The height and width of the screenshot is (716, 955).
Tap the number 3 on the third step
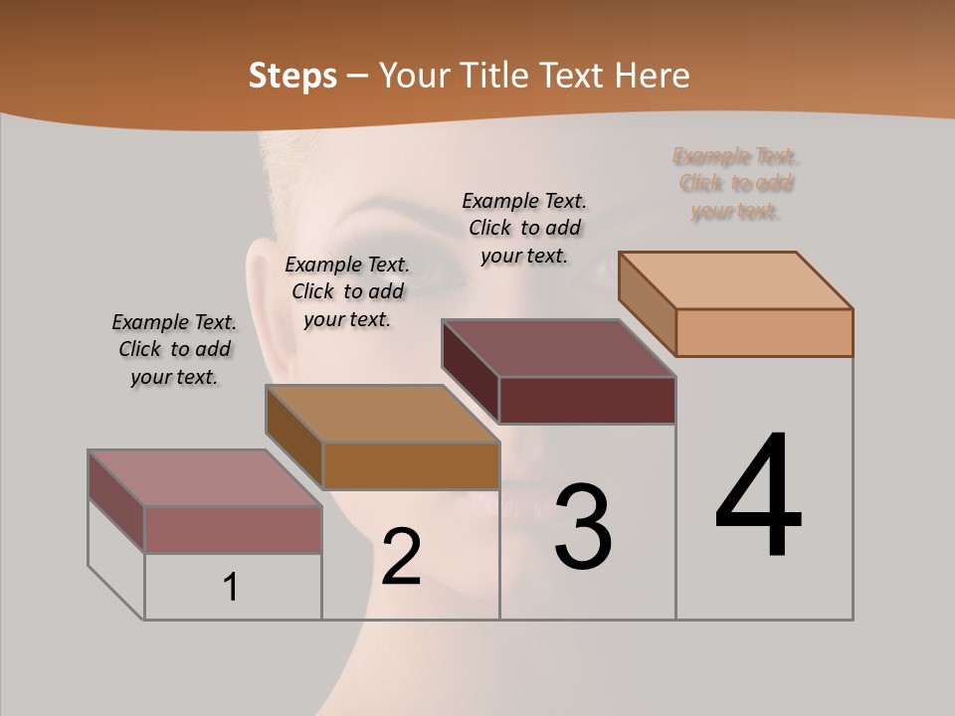pos(583,526)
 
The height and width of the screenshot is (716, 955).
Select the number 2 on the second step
pos(401,557)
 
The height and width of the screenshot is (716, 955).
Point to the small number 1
pos(231,588)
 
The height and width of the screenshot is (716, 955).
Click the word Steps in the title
pos(292,76)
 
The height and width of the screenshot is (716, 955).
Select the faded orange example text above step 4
pos(735,183)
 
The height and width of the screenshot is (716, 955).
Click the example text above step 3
pos(524,228)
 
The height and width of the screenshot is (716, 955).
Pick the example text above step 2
pos(347,291)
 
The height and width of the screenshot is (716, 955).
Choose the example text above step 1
pos(174,349)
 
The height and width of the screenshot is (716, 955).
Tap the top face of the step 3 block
pos(558,348)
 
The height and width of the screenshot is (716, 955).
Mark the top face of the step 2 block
pos(382,414)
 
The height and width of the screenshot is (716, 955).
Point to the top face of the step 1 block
pos(205,478)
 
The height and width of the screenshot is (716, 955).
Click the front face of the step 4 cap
pos(764,332)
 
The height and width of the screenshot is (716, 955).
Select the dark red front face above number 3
pos(587,400)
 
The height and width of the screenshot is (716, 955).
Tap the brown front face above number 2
pos(411,465)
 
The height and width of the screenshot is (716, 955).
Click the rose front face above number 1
pos(233,529)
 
